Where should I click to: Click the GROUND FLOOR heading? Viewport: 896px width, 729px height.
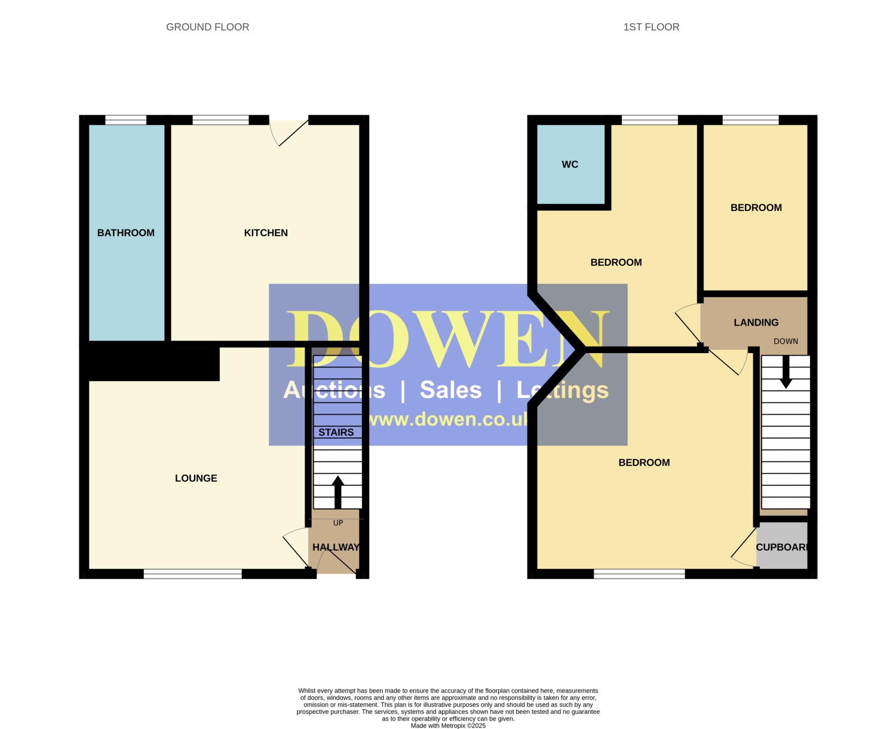(207, 27)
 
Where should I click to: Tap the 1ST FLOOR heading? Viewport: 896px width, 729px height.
(650, 27)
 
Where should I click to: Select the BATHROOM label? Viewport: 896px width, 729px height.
(126, 232)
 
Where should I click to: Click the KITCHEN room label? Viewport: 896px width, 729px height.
(266, 232)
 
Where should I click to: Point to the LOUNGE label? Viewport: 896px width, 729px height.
(196, 478)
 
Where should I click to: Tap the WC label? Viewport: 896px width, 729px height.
(570, 164)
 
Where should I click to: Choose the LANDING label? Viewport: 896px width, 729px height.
(756, 322)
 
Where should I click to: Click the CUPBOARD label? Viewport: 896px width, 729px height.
(781, 547)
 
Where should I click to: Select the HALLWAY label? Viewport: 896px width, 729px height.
(336, 547)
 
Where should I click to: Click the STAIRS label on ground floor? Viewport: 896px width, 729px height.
(336, 432)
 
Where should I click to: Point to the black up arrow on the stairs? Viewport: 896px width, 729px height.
(337, 492)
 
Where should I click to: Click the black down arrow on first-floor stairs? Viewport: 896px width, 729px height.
(785, 372)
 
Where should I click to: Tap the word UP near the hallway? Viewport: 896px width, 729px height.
(338, 523)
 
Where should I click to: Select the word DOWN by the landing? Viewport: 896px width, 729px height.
(785, 341)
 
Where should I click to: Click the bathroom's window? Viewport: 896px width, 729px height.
(126, 120)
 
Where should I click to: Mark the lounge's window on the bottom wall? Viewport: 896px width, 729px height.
(193, 574)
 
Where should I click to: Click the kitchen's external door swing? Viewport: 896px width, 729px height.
(289, 132)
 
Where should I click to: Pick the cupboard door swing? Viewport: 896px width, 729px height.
(744, 547)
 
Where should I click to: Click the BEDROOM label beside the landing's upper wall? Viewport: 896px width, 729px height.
(756, 207)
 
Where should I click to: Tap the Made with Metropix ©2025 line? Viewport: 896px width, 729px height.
(448, 725)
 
